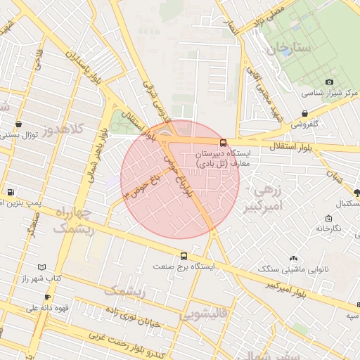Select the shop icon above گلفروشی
tap(304, 113)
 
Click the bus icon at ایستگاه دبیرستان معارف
tap(223, 143)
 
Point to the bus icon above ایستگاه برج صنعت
tap(184, 256)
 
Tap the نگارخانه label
tap(328, 229)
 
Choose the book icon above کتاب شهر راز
tap(42, 267)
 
